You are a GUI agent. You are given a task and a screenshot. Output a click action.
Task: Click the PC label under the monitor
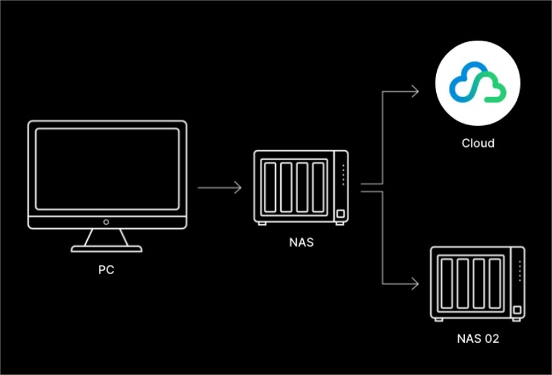106,269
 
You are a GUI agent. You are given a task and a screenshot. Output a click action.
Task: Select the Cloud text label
477,143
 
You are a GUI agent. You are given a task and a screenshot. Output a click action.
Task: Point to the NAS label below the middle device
301,242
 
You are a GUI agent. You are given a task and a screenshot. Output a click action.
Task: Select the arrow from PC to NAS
219,188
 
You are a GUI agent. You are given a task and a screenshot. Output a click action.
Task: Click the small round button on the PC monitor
106,222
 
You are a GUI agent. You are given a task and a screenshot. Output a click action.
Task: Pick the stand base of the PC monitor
106,248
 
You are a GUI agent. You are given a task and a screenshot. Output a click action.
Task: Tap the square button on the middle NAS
340,214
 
